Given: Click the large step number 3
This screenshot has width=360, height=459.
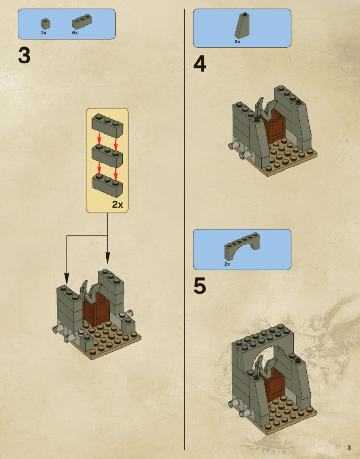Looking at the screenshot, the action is pos(24,56).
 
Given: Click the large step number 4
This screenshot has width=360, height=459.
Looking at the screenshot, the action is pos(199,64).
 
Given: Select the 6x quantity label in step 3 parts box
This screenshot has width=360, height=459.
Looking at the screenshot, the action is pos(75,33).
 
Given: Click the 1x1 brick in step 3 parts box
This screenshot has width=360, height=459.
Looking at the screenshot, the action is pos(45,24).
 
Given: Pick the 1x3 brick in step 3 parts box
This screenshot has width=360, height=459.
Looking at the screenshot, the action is pos(82,22).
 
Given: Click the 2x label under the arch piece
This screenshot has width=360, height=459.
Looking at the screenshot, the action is pos(227,264).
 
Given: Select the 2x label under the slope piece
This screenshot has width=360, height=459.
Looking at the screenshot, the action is pos(237,42).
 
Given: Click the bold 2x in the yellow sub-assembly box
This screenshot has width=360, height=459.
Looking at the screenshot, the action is pos(117,204).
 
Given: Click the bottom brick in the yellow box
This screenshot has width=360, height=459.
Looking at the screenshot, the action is pos(107,185).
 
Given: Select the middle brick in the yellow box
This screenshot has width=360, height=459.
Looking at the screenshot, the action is pos(107,155).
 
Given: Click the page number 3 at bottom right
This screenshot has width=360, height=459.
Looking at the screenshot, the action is pos(349,448).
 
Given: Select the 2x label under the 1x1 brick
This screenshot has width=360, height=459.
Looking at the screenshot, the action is pos(43,33).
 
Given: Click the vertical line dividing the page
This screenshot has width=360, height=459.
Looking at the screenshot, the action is pos(184,229).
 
